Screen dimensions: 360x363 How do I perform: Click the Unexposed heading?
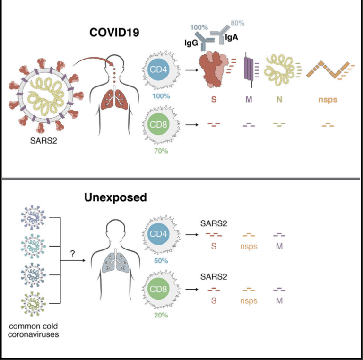point(115,197)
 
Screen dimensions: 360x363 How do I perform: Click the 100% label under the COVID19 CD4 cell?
point(162,96)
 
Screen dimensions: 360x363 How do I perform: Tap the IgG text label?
point(191,43)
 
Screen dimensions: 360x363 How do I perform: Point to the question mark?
point(73,254)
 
